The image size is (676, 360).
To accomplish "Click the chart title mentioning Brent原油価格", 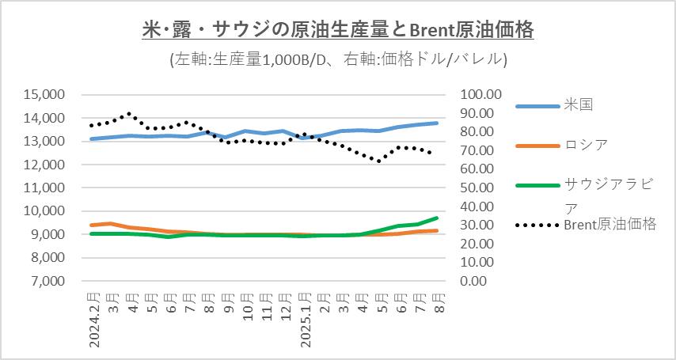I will tap(337, 30).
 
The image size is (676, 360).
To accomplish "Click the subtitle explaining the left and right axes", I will tap(338, 59).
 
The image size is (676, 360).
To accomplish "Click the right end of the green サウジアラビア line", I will tap(437, 218).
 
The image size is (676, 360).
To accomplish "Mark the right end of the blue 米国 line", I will tap(437, 123).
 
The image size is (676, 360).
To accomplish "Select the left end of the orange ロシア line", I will tap(91, 225).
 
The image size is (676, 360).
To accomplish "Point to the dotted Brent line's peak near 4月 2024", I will tap(130, 113).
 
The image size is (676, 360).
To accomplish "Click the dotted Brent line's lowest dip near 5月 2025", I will tap(379, 161).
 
